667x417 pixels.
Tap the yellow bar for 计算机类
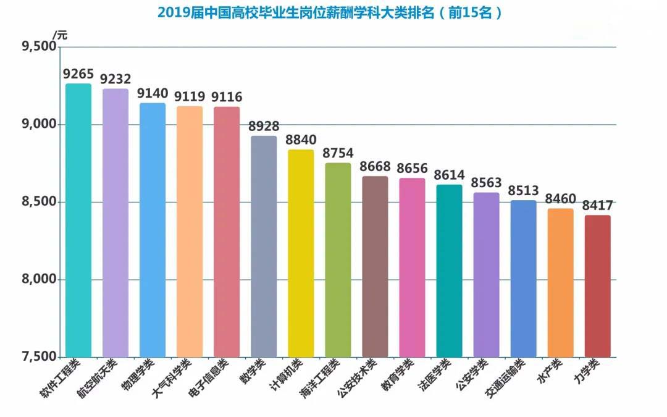[301, 253]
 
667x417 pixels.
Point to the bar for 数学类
[264, 246]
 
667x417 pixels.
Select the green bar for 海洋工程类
[338, 260]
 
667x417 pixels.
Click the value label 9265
[78, 74]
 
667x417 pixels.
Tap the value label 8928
[264, 127]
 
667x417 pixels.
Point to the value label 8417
[597, 206]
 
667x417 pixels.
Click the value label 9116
[227, 97]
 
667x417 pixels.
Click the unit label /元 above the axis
[60, 35]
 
